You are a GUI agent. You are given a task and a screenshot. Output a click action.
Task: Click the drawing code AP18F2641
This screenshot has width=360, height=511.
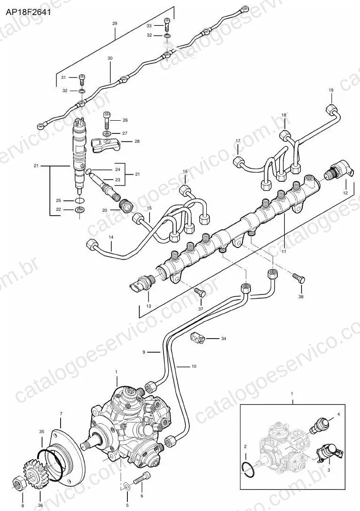(27, 12)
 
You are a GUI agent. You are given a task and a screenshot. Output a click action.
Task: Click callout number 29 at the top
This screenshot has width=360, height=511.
(115, 23)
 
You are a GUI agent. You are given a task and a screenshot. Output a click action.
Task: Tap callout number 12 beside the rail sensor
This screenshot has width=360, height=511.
(345, 193)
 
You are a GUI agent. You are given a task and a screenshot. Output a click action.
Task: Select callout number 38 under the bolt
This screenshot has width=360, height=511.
(301, 297)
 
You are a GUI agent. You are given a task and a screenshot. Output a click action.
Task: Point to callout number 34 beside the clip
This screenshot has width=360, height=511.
(223, 339)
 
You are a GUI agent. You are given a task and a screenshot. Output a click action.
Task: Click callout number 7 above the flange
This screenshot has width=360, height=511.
(61, 414)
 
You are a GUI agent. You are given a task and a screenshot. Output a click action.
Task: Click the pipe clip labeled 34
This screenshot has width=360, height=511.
(197, 339)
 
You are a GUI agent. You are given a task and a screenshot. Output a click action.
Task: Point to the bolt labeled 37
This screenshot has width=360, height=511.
(200, 292)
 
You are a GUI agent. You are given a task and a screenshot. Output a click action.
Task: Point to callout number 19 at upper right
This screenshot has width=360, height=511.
(331, 90)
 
